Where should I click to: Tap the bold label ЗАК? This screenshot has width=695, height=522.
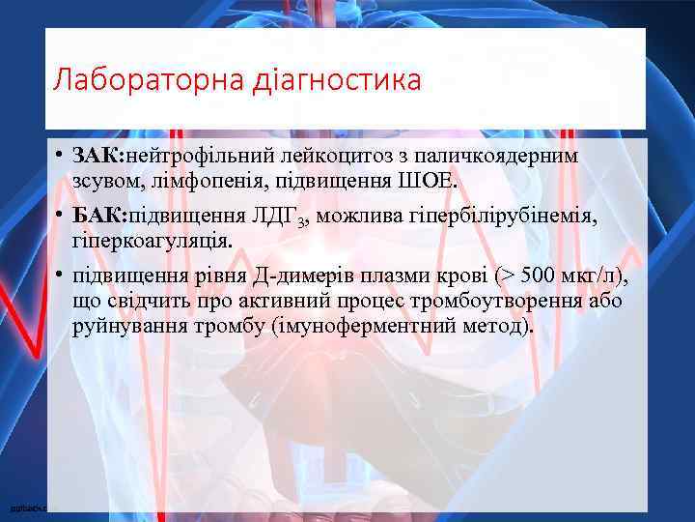point(99,157)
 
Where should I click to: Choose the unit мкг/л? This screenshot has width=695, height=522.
point(598,276)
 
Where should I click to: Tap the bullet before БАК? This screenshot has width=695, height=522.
point(60,217)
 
